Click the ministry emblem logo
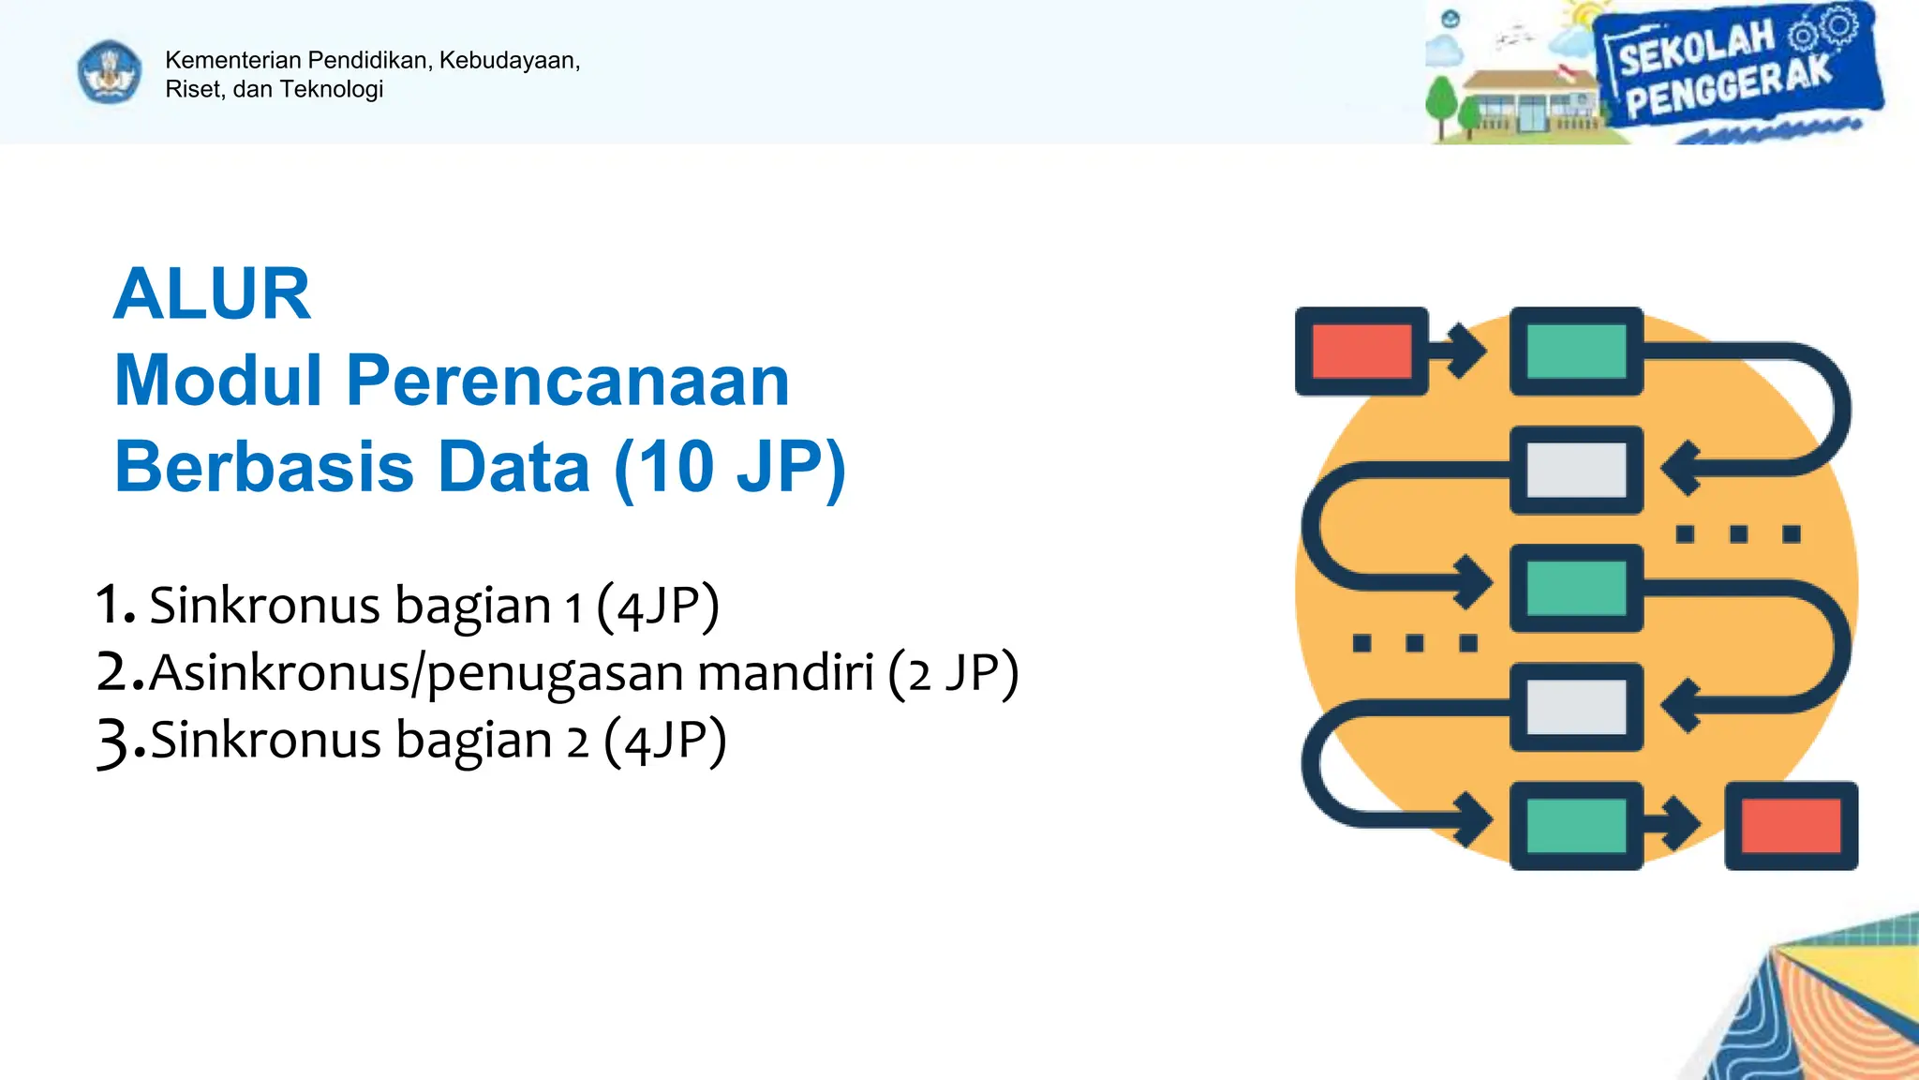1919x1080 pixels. coord(110,72)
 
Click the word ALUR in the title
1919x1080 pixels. coord(212,294)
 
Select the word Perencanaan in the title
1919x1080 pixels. coord(568,381)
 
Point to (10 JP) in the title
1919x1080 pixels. coord(730,467)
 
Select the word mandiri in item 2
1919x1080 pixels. coord(785,673)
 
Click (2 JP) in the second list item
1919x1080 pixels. coord(953,673)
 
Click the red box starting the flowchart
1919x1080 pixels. coord(1361,352)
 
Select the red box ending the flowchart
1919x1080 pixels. coord(1791,826)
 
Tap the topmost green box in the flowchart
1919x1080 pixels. coord(1576,352)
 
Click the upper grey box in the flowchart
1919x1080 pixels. coord(1576,470)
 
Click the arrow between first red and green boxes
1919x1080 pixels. coord(1464,352)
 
